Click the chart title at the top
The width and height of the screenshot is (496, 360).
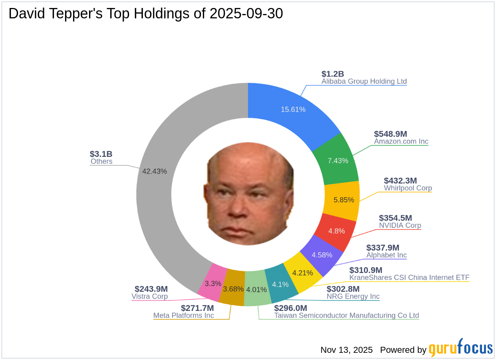click(146, 14)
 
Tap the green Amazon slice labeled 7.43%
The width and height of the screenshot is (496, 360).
click(337, 160)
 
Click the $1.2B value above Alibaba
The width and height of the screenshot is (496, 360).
click(333, 74)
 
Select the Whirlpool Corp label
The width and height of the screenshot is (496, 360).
click(408, 188)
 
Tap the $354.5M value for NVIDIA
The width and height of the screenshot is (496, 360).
click(395, 218)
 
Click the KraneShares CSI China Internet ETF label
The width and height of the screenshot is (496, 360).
click(409, 277)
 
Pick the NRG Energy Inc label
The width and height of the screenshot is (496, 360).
click(353, 297)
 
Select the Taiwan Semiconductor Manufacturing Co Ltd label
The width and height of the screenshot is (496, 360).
click(346, 315)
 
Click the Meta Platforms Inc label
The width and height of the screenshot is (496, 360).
click(184, 315)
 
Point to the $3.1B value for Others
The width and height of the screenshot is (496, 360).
click(101, 154)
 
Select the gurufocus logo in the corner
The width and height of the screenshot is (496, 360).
click(461, 348)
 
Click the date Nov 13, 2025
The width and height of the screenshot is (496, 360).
click(346, 350)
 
